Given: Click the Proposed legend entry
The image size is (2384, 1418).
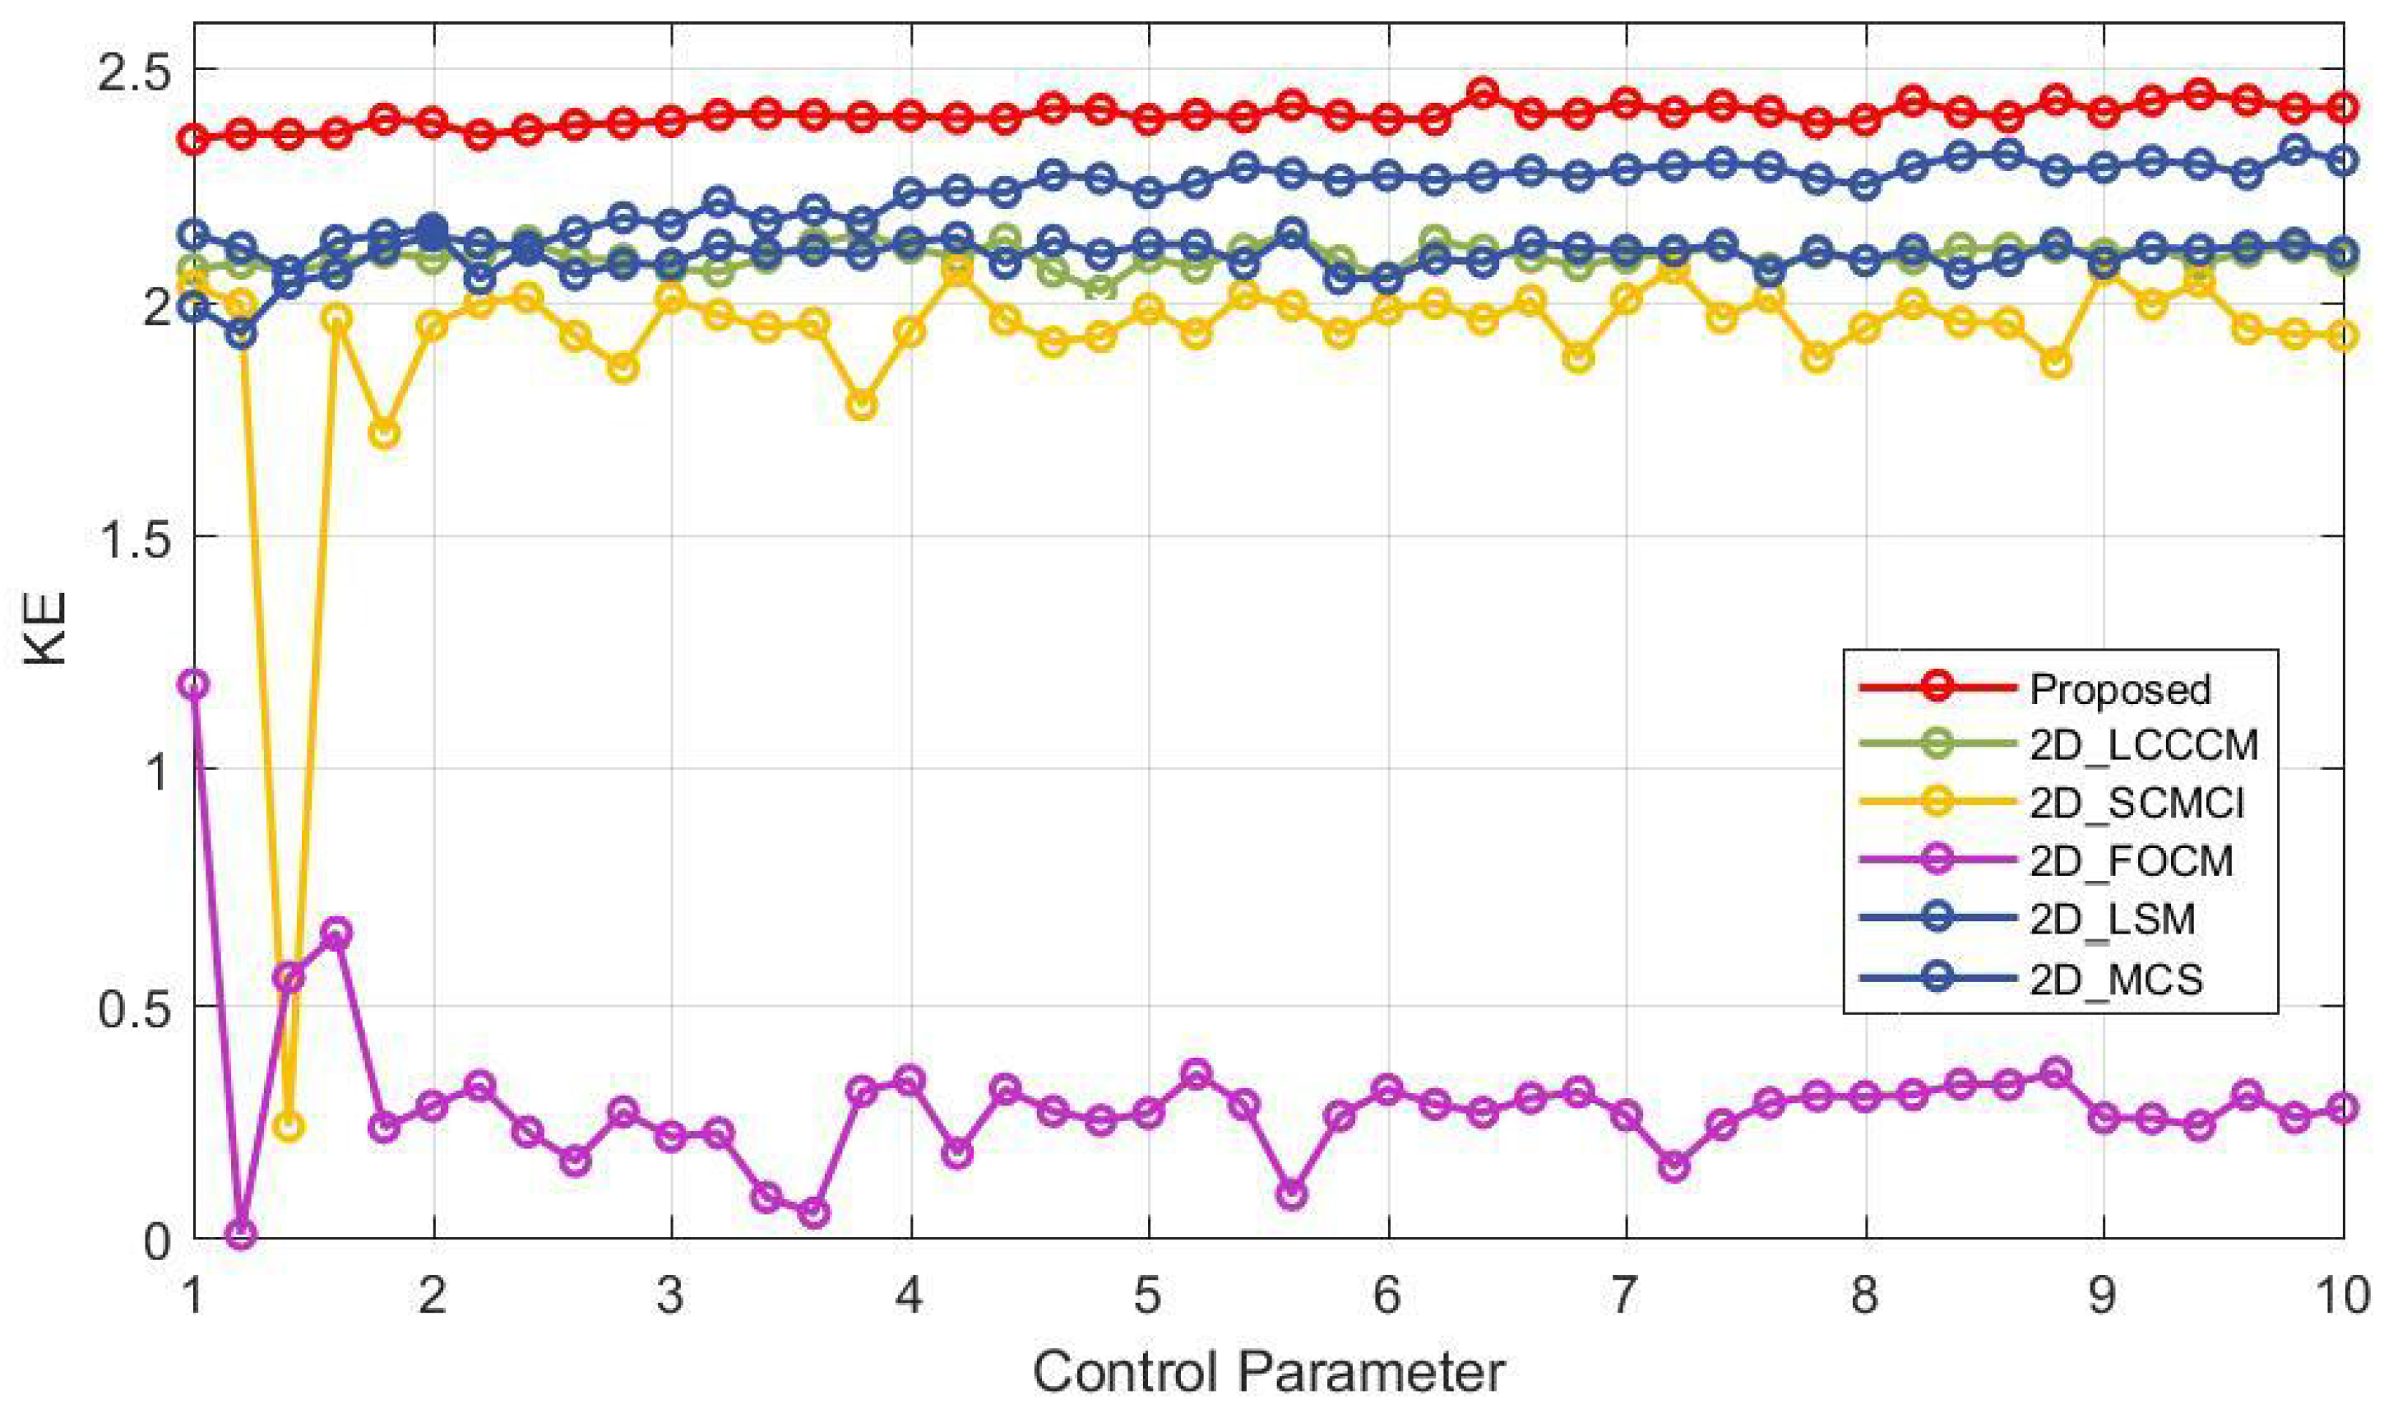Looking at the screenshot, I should (2119, 689).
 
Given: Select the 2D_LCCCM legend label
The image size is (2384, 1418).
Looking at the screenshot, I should (2143, 745).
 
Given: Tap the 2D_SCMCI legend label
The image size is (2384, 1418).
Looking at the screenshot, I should (2136, 804).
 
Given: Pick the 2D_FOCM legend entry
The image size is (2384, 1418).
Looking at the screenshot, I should (2131, 861).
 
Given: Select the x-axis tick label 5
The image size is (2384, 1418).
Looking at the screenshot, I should (1148, 1296).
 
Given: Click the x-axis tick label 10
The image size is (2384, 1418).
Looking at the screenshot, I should (2342, 1296).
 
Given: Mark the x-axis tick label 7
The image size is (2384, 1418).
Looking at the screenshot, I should (1626, 1296).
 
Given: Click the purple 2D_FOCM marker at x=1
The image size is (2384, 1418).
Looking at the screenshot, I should (194, 684).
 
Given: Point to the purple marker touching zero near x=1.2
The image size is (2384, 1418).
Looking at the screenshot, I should (242, 1235).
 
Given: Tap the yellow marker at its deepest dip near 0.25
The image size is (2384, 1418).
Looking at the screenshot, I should (289, 1126).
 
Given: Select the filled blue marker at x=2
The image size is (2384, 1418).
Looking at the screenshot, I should (433, 229).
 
